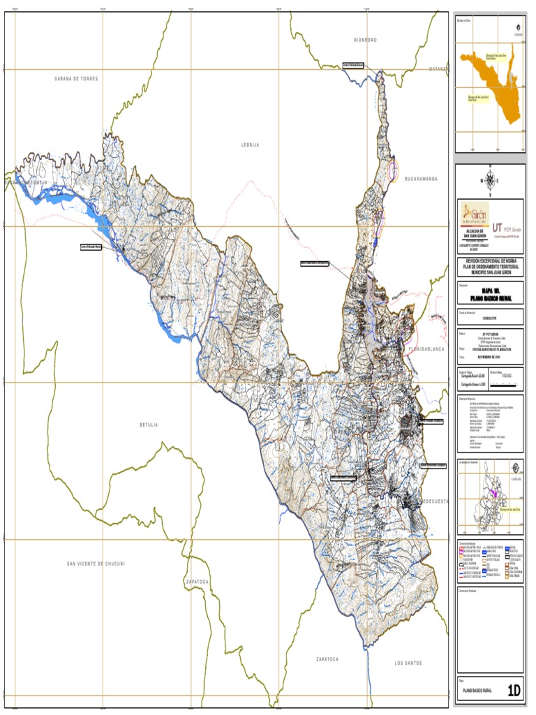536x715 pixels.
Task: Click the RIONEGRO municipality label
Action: coord(365,40)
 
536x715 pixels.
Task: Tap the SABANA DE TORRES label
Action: coord(77,79)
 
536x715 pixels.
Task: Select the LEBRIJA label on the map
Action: coord(250,145)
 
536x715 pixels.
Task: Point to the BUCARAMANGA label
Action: coord(415,179)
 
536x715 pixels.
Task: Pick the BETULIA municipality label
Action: coord(149,425)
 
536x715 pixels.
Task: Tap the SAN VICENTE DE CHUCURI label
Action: coord(96,563)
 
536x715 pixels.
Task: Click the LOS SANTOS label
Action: coord(408,662)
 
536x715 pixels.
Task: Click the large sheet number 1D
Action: coord(514,691)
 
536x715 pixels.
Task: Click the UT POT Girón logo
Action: coord(507,228)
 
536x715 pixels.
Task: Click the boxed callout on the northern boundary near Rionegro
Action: coord(354,64)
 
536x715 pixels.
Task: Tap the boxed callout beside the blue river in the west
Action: coord(91,247)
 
